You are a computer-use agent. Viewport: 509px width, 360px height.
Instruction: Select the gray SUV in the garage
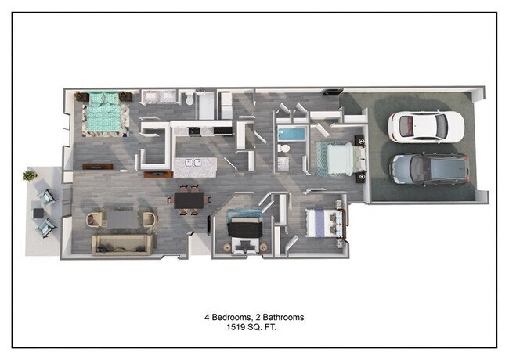tap(429, 167)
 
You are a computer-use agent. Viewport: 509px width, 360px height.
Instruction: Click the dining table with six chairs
tap(188, 200)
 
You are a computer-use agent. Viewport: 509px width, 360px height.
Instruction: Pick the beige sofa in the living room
tap(122, 244)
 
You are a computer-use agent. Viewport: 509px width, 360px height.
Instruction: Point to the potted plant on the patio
tap(30, 176)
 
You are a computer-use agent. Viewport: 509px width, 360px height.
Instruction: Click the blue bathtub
tap(291, 134)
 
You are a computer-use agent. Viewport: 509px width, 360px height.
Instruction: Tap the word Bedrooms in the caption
tap(230, 317)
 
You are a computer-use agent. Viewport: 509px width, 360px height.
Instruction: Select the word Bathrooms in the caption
tap(282, 317)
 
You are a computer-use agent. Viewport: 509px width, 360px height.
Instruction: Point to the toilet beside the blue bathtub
tap(285, 150)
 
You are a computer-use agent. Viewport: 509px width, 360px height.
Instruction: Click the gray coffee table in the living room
tap(122, 218)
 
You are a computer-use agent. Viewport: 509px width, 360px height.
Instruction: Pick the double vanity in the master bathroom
tap(159, 97)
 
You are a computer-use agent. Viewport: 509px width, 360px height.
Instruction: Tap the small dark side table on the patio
tap(37, 211)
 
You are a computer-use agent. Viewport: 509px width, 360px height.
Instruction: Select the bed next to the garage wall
tap(338, 158)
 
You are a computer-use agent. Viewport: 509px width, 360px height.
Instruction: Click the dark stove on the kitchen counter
tap(222, 129)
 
